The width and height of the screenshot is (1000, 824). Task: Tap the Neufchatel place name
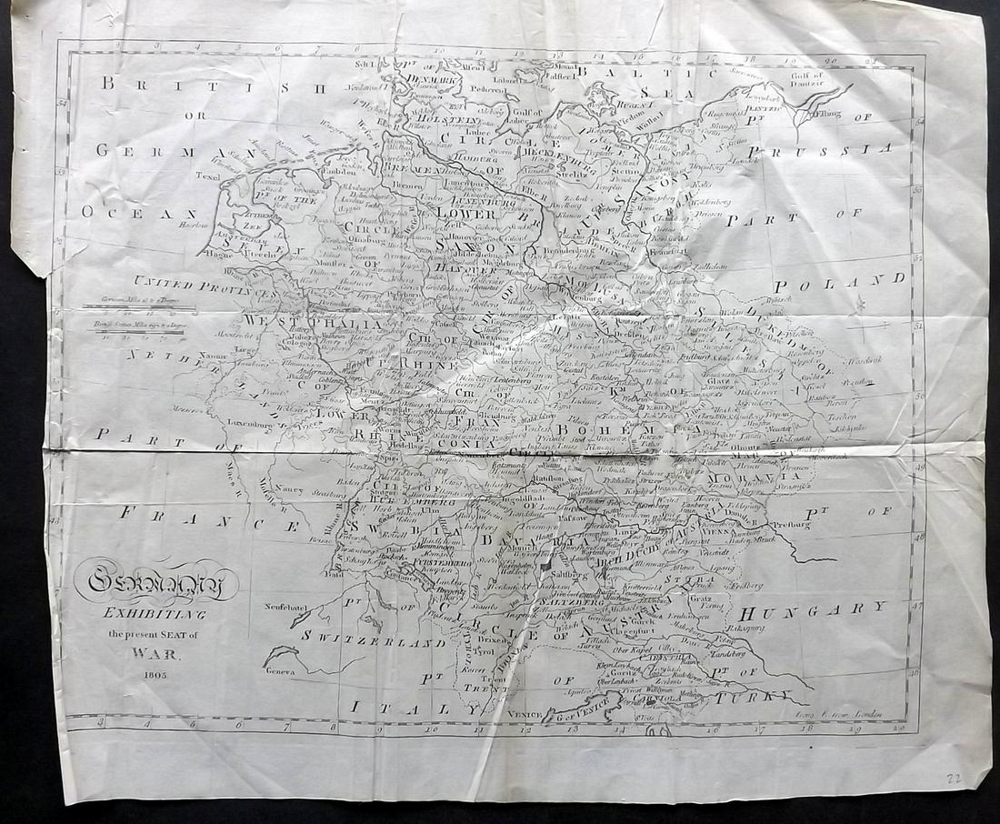pos(269,606)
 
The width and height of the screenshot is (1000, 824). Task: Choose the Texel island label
pos(208,176)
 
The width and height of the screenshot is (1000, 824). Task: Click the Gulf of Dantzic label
pos(800,80)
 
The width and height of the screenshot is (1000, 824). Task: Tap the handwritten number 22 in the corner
pos(952,777)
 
